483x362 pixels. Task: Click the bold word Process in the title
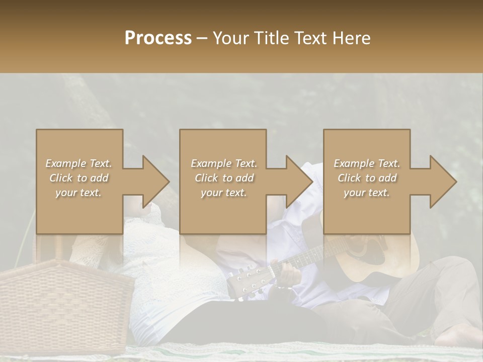(158, 38)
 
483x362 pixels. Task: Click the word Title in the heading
(269, 38)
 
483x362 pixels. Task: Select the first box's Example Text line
(78, 163)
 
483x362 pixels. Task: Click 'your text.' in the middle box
(224, 193)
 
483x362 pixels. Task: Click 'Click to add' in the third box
(367, 178)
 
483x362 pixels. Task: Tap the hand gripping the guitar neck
(288, 275)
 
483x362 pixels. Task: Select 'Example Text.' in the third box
(367, 163)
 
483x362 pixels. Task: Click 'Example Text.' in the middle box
(224, 163)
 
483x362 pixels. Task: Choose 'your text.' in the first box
(78, 193)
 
